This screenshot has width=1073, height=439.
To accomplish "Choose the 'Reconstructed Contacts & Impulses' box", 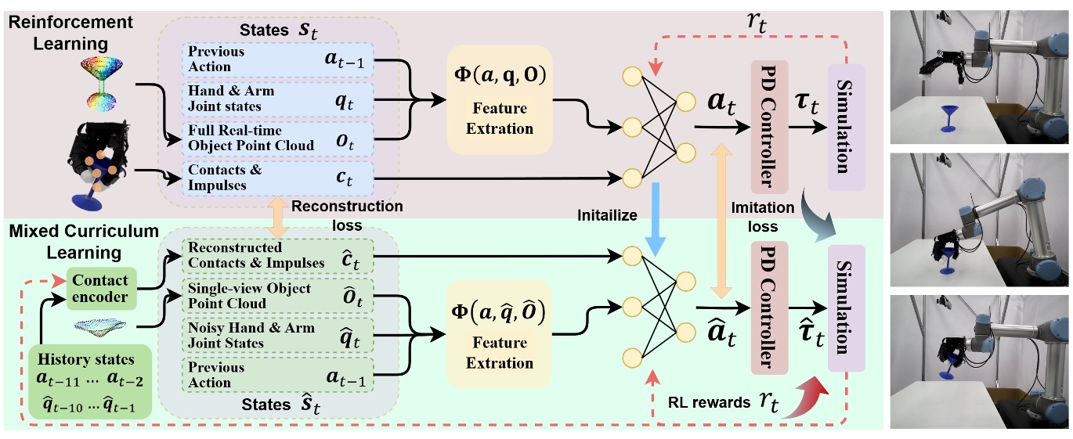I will click(278, 255).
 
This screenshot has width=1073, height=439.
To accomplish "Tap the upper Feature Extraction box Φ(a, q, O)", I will click(499, 99).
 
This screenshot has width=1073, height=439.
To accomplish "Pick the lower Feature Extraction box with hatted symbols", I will click(499, 333).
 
